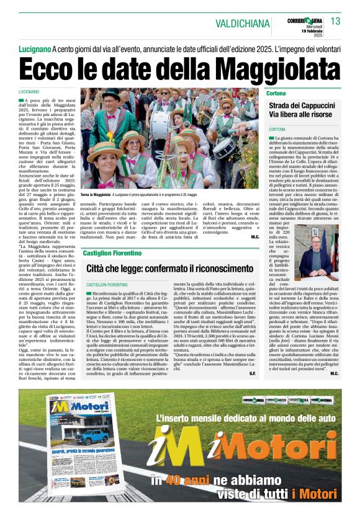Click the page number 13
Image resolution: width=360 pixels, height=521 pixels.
[335, 22]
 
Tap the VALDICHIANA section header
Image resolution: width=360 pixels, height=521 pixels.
[243, 24]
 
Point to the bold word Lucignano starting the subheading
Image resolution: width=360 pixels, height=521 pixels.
[34, 48]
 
